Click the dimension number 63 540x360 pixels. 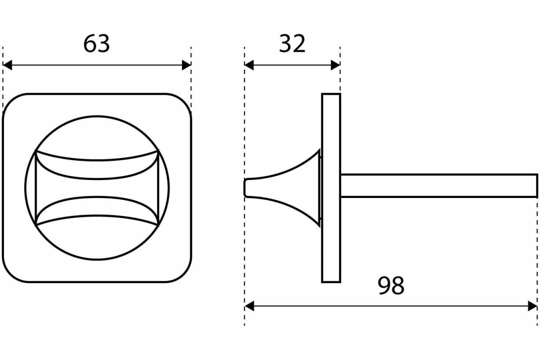coord(96,44)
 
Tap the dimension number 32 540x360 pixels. coord(292,44)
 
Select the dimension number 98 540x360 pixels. coord(391,285)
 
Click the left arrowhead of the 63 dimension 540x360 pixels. coord(7,65)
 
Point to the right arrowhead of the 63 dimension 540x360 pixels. coord(186,65)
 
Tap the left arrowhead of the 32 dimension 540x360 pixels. coord(249,65)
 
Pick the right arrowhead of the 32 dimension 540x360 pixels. coord(335,65)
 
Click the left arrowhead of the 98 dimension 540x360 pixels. coord(249,306)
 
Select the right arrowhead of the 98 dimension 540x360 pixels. coord(533,306)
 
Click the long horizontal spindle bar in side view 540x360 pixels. coord(439,186)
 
